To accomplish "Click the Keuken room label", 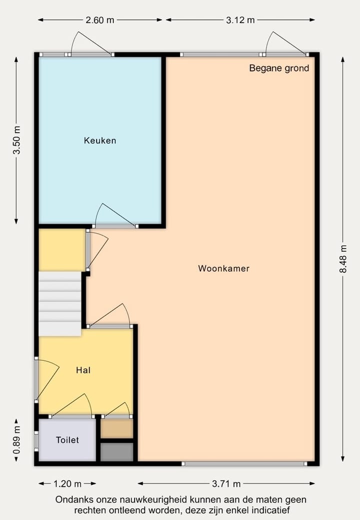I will (x=100, y=141).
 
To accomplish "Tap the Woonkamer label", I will (x=223, y=268).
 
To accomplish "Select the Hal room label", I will (x=83, y=370).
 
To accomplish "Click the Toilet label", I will (x=67, y=440).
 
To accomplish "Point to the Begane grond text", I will (x=279, y=68).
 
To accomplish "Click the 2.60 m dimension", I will (x=100, y=20).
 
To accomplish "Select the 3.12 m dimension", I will (x=240, y=20).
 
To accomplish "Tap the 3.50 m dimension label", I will (x=16, y=141).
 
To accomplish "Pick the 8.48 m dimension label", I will (x=343, y=259).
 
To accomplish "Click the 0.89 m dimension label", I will (x=16, y=440).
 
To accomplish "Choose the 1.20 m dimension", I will (x=67, y=483).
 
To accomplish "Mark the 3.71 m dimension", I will (x=226, y=483).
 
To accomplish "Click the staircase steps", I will (x=60, y=304).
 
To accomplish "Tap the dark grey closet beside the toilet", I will (x=117, y=452).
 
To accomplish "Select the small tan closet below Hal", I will (x=117, y=428).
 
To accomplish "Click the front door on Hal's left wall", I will (x=46, y=379).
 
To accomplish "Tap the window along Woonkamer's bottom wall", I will (x=244, y=463).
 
